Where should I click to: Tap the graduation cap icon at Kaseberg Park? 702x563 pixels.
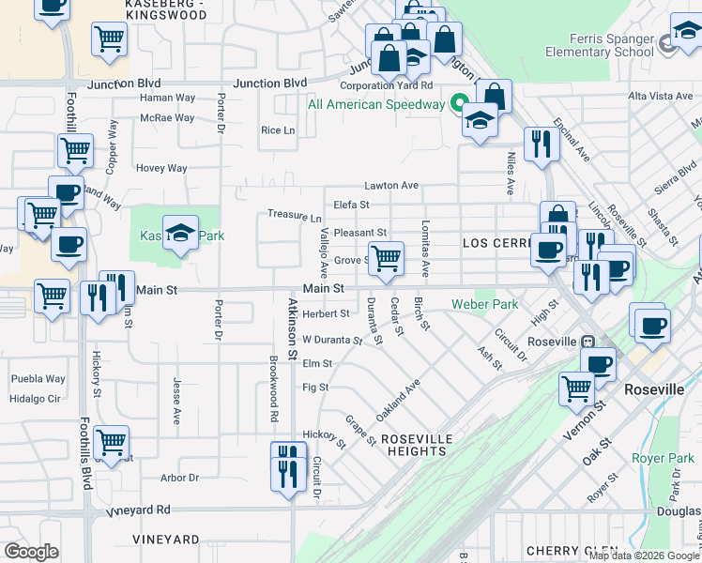(179, 234)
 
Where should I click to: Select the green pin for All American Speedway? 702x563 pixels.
(461, 103)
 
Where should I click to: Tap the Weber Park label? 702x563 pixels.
(484, 304)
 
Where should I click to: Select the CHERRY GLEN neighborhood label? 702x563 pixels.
(572, 550)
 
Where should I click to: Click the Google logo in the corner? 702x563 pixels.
(31, 551)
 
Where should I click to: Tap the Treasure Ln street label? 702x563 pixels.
(294, 215)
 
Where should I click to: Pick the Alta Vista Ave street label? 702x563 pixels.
(660, 96)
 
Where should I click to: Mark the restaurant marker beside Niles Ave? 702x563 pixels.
(541, 144)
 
